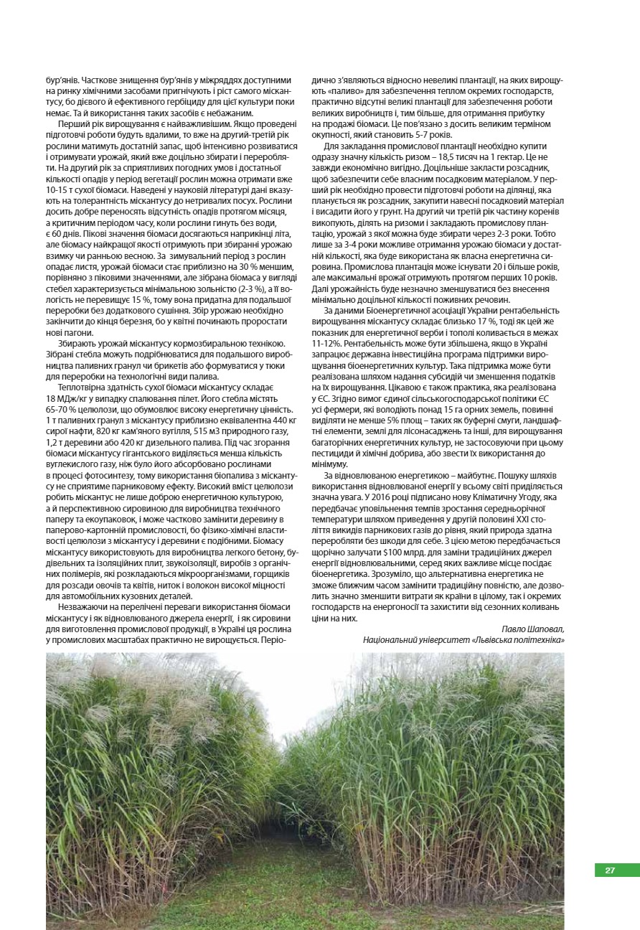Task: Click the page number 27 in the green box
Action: coord(610,870)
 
